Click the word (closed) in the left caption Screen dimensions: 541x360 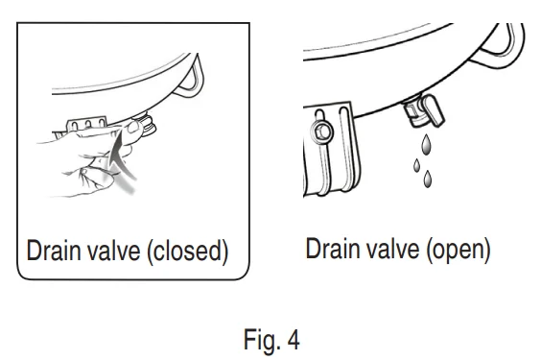pyautogui.click(x=188, y=251)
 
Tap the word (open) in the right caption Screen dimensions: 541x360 pyautogui.click(x=459, y=250)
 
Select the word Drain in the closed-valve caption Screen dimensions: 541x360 pyautogui.click(x=55, y=250)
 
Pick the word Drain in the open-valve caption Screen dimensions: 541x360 pyautogui.click(x=333, y=248)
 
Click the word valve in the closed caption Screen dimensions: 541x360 pyautogui.click(x=114, y=250)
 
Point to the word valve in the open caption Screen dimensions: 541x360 pyautogui.click(x=393, y=248)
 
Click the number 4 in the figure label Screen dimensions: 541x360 pyautogui.click(x=293, y=340)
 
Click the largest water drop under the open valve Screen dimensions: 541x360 pyautogui.click(x=427, y=144)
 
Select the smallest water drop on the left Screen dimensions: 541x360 pyautogui.click(x=417, y=165)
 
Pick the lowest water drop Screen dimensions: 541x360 pyautogui.click(x=428, y=179)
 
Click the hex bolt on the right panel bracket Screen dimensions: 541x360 pyautogui.click(x=322, y=132)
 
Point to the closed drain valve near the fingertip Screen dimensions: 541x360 pyautogui.click(x=147, y=125)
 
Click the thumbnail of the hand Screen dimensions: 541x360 pyautogui.click(x=133, y=127)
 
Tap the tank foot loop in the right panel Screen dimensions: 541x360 pyautogui.click(x=498, y=47)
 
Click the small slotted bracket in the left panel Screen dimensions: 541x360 pyautogui.click(x=87, y=124)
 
